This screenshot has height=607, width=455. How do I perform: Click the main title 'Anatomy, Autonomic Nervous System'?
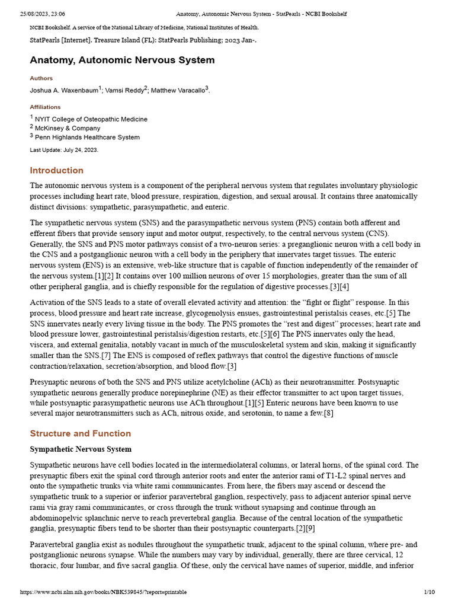[x=122, y=60]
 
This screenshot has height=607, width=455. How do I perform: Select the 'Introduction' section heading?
[x=57, y=170]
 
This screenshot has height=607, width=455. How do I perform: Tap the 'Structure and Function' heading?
[x=81, y=433]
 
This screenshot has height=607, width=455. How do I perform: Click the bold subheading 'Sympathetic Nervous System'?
[x=81, y=449]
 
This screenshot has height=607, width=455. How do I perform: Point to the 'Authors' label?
[x=41, y=78]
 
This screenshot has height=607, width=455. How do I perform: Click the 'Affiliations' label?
[x=45, y=107]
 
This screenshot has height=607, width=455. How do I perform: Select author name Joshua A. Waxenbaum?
[x=64, y=91]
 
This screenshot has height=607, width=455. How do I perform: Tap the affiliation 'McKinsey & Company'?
[x=68, y=129]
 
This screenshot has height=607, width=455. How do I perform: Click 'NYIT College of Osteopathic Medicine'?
[x=91, y=119]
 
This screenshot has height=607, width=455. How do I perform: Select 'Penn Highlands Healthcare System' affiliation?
[x=87, y=138]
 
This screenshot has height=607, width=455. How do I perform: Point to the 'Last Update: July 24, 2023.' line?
[x=64, y=150]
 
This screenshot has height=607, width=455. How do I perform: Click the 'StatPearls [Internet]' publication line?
[x=143, y=40]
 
